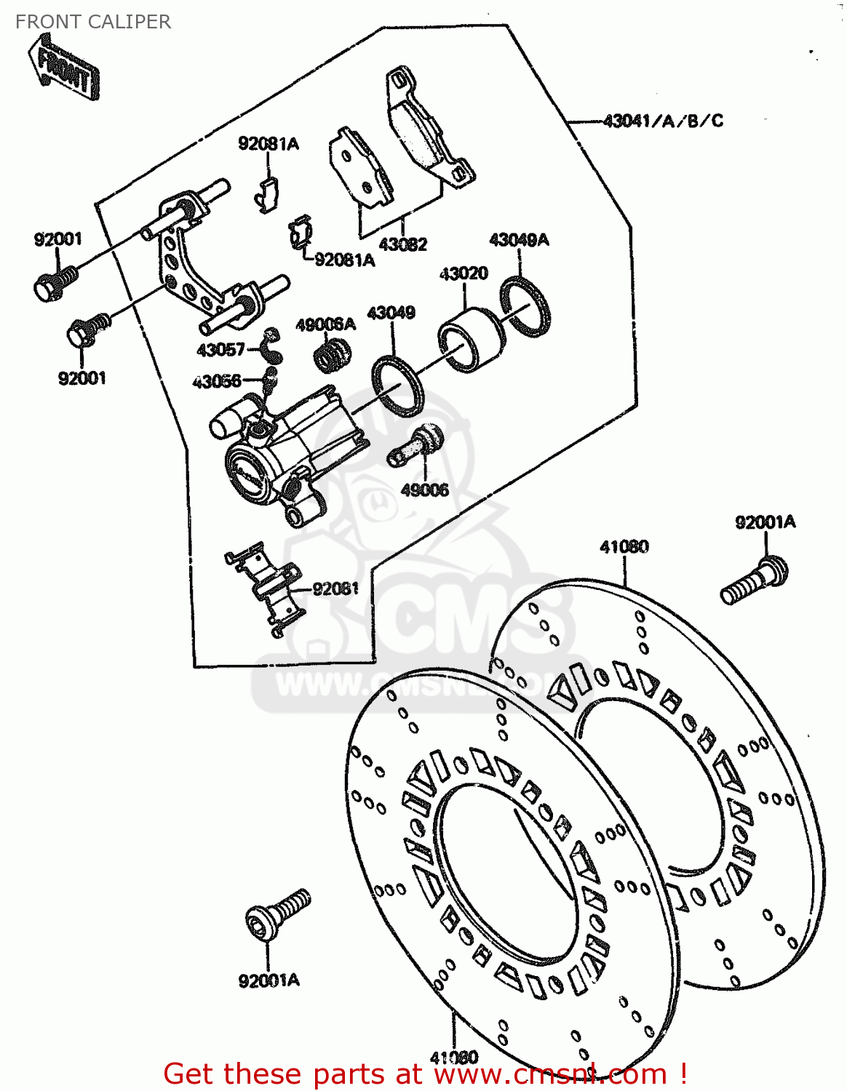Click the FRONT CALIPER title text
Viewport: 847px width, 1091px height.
pos(93,22)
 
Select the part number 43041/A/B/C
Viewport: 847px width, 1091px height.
pos(663,121)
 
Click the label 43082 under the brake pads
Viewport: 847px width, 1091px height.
pos(402,244)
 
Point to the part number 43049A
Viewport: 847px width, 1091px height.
pos(519,240)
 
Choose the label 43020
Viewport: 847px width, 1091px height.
pos(464,273)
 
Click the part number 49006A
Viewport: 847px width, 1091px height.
pos(325,324)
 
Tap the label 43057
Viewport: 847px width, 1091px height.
pos(220,350)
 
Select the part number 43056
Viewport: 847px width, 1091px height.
pos(217,381)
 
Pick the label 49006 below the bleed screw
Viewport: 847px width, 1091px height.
pos(425,489)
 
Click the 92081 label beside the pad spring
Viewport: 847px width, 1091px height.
pos(335,588)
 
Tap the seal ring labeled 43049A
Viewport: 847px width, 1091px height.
pos(525,306)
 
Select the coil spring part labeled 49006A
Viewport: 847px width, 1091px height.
pos(333,354)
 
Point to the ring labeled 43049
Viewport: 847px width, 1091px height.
pos(397,385)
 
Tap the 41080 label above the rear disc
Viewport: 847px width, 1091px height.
pos(624,546)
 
